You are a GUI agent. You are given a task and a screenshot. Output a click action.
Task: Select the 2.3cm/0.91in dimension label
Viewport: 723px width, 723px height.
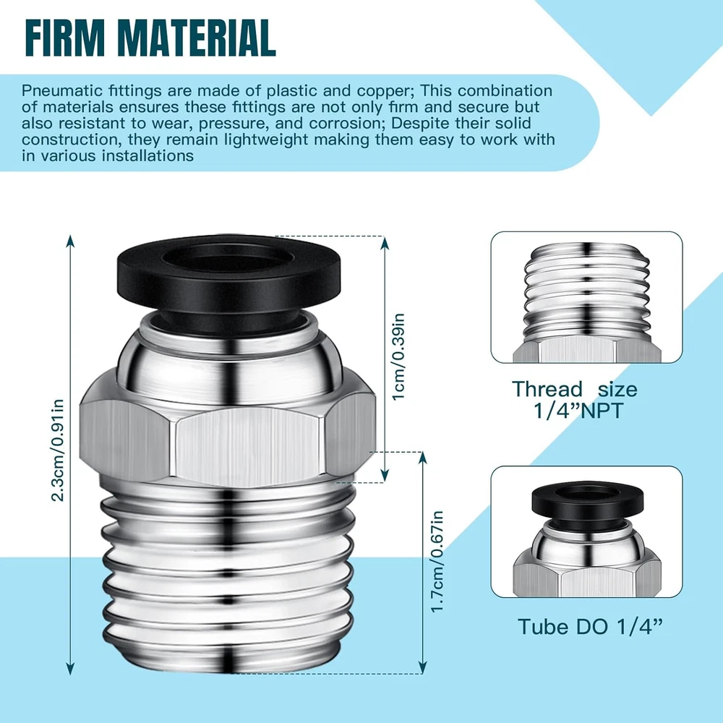click(58, 450)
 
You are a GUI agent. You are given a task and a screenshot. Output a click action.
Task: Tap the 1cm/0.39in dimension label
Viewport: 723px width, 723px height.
click(398, 357)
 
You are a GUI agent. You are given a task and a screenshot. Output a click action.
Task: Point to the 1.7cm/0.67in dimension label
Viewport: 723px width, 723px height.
click(437, 562)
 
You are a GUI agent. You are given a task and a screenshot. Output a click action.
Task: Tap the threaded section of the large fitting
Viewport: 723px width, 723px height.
click(228, 576)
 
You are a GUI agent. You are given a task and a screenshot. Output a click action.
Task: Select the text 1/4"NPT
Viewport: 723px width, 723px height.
click(578, 410)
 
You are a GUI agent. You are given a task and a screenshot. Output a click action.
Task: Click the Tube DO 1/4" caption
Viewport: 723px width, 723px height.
click(590, 627)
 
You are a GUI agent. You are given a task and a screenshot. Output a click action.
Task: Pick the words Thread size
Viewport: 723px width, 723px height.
click(575, 389)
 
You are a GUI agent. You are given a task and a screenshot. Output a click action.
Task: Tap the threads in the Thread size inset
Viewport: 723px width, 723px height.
click(587, 291)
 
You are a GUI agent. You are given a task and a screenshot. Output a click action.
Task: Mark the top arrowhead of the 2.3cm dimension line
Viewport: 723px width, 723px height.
click(70, 241)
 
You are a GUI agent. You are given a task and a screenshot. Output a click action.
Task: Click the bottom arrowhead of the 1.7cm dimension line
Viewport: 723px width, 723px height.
click(422, 667)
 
